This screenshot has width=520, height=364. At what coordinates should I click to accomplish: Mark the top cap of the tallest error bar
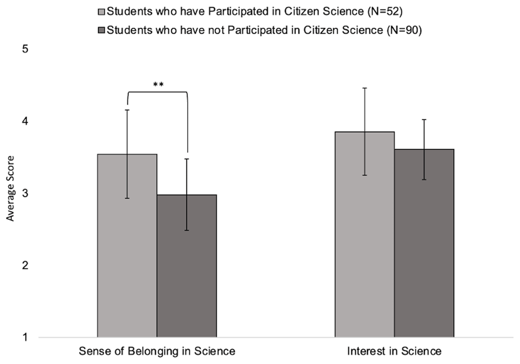click(365, 88)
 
